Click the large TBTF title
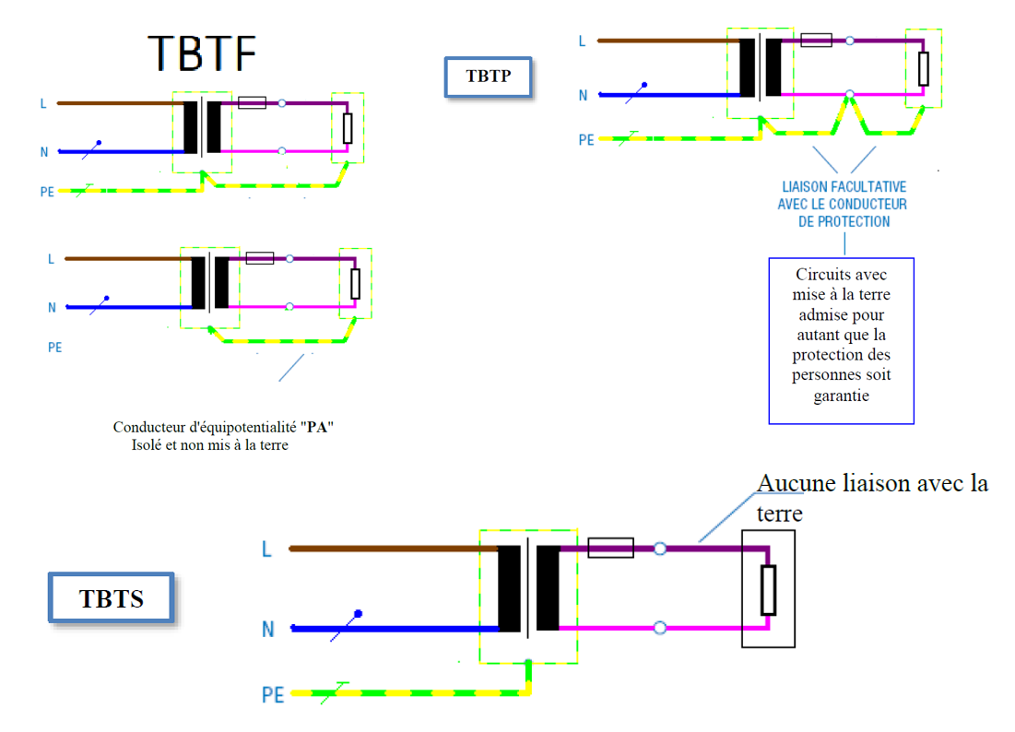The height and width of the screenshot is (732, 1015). [x=202, y=53]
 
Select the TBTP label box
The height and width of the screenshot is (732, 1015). [x=488, y=77]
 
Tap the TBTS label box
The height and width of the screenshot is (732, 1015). [x=112, y=598]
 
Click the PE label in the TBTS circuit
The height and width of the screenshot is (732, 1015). [x=272, y=694]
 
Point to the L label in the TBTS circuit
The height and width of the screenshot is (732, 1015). [x=266, y=549]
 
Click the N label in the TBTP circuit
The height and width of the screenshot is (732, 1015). [x=583, y=95]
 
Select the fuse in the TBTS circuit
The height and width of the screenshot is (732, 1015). [x=610, y=549]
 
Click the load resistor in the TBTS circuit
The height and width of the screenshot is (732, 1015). [x=768, y=590]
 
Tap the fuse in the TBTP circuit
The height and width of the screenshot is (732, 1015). [x=816, y=41]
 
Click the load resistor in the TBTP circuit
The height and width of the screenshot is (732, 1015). [x=923, y=68]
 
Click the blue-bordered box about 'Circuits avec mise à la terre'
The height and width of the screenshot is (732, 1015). [x=841, y=340]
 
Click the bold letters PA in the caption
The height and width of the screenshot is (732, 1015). [x=317, y=428]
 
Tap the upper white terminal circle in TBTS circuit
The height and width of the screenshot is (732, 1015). [x=660, y=549]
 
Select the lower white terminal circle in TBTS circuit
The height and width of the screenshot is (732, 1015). [x=660, y=628]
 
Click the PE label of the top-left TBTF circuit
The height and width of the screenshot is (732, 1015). [x=46, y=192]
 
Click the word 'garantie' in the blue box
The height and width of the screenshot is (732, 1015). [x=841, y=396]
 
